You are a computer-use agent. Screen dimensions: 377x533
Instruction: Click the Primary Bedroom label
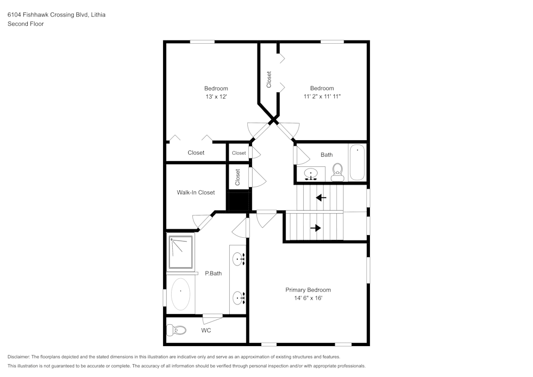311,290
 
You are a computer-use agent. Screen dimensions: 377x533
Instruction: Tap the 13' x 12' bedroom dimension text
216,97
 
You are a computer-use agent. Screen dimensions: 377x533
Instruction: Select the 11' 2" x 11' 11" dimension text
322,97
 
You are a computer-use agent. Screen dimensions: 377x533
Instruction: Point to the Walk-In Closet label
196,192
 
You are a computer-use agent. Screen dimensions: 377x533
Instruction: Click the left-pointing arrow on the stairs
321,198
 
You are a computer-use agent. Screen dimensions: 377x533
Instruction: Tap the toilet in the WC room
180,331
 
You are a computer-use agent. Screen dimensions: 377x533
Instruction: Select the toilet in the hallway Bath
337,171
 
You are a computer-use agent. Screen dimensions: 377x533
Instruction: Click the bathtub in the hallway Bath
357,162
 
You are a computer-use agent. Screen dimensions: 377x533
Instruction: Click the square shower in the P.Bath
181,252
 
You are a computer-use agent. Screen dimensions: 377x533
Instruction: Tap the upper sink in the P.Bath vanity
238,259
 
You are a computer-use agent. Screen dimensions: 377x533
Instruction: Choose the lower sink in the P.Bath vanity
238,298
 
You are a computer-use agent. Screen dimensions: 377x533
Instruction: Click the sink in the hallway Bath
312,174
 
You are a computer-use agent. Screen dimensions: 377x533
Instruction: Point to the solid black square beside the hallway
238,201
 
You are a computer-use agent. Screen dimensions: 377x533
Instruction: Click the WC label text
206,331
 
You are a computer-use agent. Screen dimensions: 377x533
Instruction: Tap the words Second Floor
26,24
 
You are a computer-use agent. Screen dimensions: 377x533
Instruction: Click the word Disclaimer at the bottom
19,357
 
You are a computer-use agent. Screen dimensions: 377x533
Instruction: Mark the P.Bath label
213,274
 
